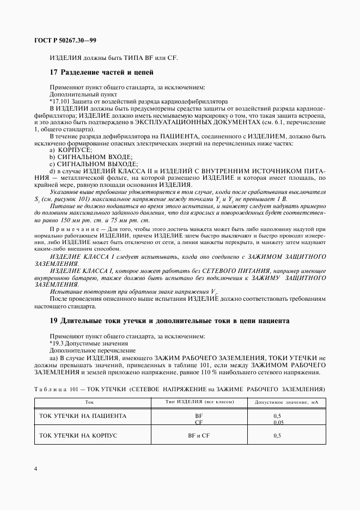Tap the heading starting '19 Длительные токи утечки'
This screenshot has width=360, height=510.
[x=169, y=321]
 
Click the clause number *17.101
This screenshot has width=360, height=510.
[x=59, y=101]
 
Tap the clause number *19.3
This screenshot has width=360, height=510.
[x=57, y=344]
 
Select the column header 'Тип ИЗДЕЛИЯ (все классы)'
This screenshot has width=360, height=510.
[x=199, y=402]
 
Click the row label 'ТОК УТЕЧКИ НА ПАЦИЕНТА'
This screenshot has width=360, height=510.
[x=83, y=416]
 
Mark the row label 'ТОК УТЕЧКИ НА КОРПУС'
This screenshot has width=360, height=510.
[x=78, y=435]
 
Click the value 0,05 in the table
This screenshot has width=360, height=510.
[x=278, y=422]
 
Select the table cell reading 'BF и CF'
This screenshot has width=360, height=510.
[x=199, y=435]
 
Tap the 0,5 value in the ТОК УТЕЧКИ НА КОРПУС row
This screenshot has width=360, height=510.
[x=277, y=435]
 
